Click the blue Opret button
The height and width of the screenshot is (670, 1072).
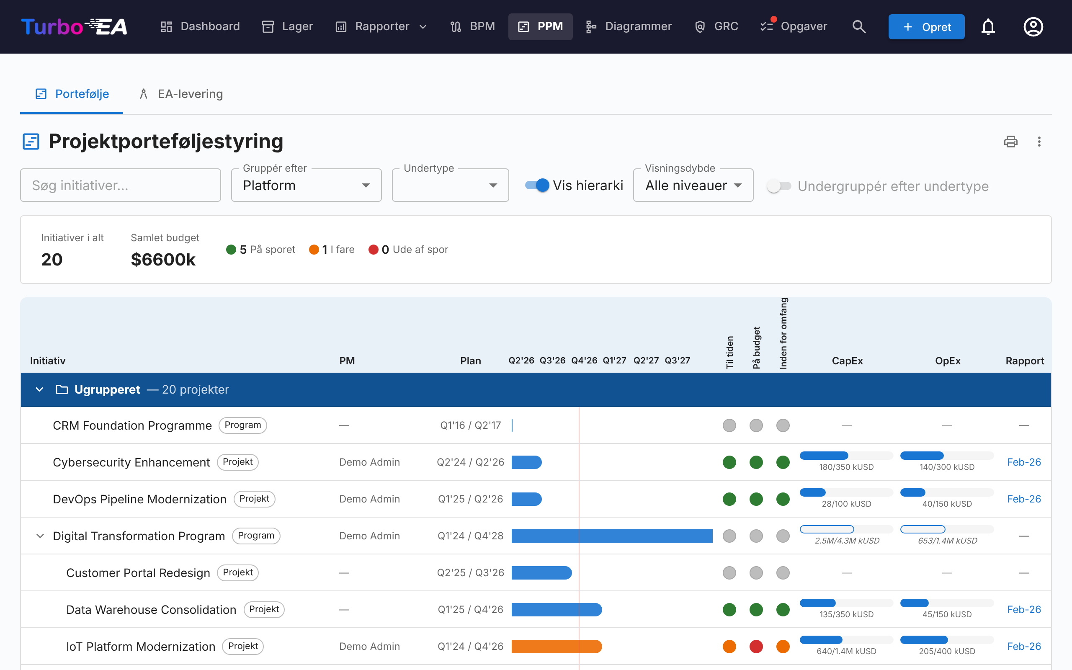coord(926,26)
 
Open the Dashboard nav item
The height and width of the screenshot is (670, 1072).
coord(200,26)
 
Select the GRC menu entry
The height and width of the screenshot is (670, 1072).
coord(716,26)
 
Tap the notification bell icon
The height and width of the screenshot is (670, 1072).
coord(988,26)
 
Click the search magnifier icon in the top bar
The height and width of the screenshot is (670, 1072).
coord(859,26)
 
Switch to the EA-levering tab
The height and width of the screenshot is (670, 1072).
coord(181,94)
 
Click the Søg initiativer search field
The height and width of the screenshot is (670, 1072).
coord(121,185)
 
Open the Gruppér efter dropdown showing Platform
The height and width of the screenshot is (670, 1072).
coord(306,185)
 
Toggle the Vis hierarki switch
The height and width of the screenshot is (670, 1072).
coord(537,185)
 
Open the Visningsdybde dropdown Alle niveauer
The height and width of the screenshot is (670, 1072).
coord(693,185)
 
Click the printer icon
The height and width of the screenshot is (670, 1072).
coord(1010,142)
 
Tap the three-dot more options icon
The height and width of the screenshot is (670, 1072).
coord(1039,142)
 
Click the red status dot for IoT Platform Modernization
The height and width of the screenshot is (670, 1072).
coord(756,647)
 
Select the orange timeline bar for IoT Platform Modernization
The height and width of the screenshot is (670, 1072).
coord(557,647)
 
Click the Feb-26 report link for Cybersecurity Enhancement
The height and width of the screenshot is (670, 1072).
coord(1024,462)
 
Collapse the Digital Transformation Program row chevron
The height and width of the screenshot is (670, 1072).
coord(40,536)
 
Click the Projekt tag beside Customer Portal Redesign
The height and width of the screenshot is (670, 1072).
coord(238,572)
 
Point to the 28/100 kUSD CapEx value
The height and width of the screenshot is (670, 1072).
coord(846,504)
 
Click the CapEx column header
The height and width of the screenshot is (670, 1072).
coord(847,361)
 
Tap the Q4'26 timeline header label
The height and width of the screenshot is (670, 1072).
coord(584,360)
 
